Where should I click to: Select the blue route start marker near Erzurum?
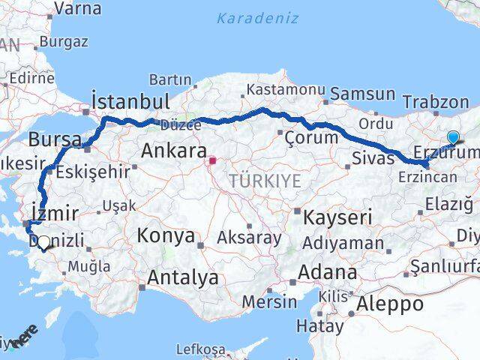tap(453, 137)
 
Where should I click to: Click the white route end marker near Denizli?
tap(43, 242)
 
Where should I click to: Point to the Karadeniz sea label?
tap(257, 18)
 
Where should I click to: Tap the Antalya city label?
tap(183, 278)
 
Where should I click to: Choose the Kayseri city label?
tap(337, 218)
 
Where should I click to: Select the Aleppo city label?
tap(390, 304)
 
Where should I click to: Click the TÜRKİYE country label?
tap(265, 181)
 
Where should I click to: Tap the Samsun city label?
tap(363, 94)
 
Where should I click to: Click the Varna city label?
tap(78, 10)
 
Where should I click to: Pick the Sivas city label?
tap(373, 158)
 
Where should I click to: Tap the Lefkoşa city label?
tap(200, 349)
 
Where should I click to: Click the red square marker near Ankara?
tap(212, 159)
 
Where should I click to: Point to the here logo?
tap(24, 335)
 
